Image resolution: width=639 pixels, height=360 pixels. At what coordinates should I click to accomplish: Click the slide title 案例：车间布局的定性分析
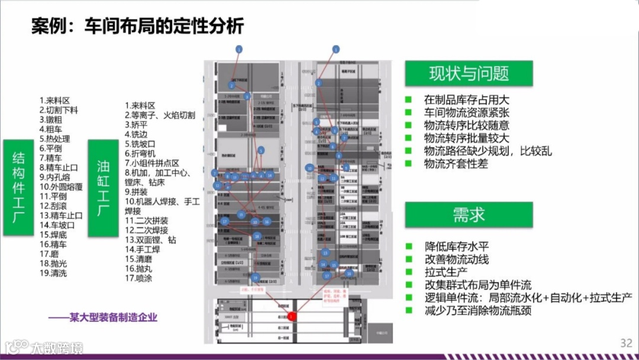(137, 27)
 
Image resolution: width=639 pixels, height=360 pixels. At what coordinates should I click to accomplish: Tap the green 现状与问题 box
(469, 73)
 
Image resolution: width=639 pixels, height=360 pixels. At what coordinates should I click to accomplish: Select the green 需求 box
(469, 215)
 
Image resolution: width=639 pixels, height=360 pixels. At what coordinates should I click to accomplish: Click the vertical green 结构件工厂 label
(18, 188)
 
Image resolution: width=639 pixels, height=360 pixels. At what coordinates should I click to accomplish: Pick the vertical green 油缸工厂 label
(103, 188)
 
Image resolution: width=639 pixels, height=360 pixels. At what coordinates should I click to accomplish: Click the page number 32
(626, 343)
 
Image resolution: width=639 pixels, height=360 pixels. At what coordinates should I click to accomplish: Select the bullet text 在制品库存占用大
(467, 99)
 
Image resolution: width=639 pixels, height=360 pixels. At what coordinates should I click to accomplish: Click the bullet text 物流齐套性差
(456, 164)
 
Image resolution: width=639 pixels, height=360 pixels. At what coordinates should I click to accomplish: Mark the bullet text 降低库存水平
(456, 246)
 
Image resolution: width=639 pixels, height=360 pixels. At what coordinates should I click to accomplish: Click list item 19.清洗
(53, 273)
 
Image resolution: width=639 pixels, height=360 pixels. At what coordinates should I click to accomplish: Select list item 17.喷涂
(140, 278)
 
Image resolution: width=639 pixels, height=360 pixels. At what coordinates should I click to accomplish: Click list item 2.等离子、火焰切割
(160, 115)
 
